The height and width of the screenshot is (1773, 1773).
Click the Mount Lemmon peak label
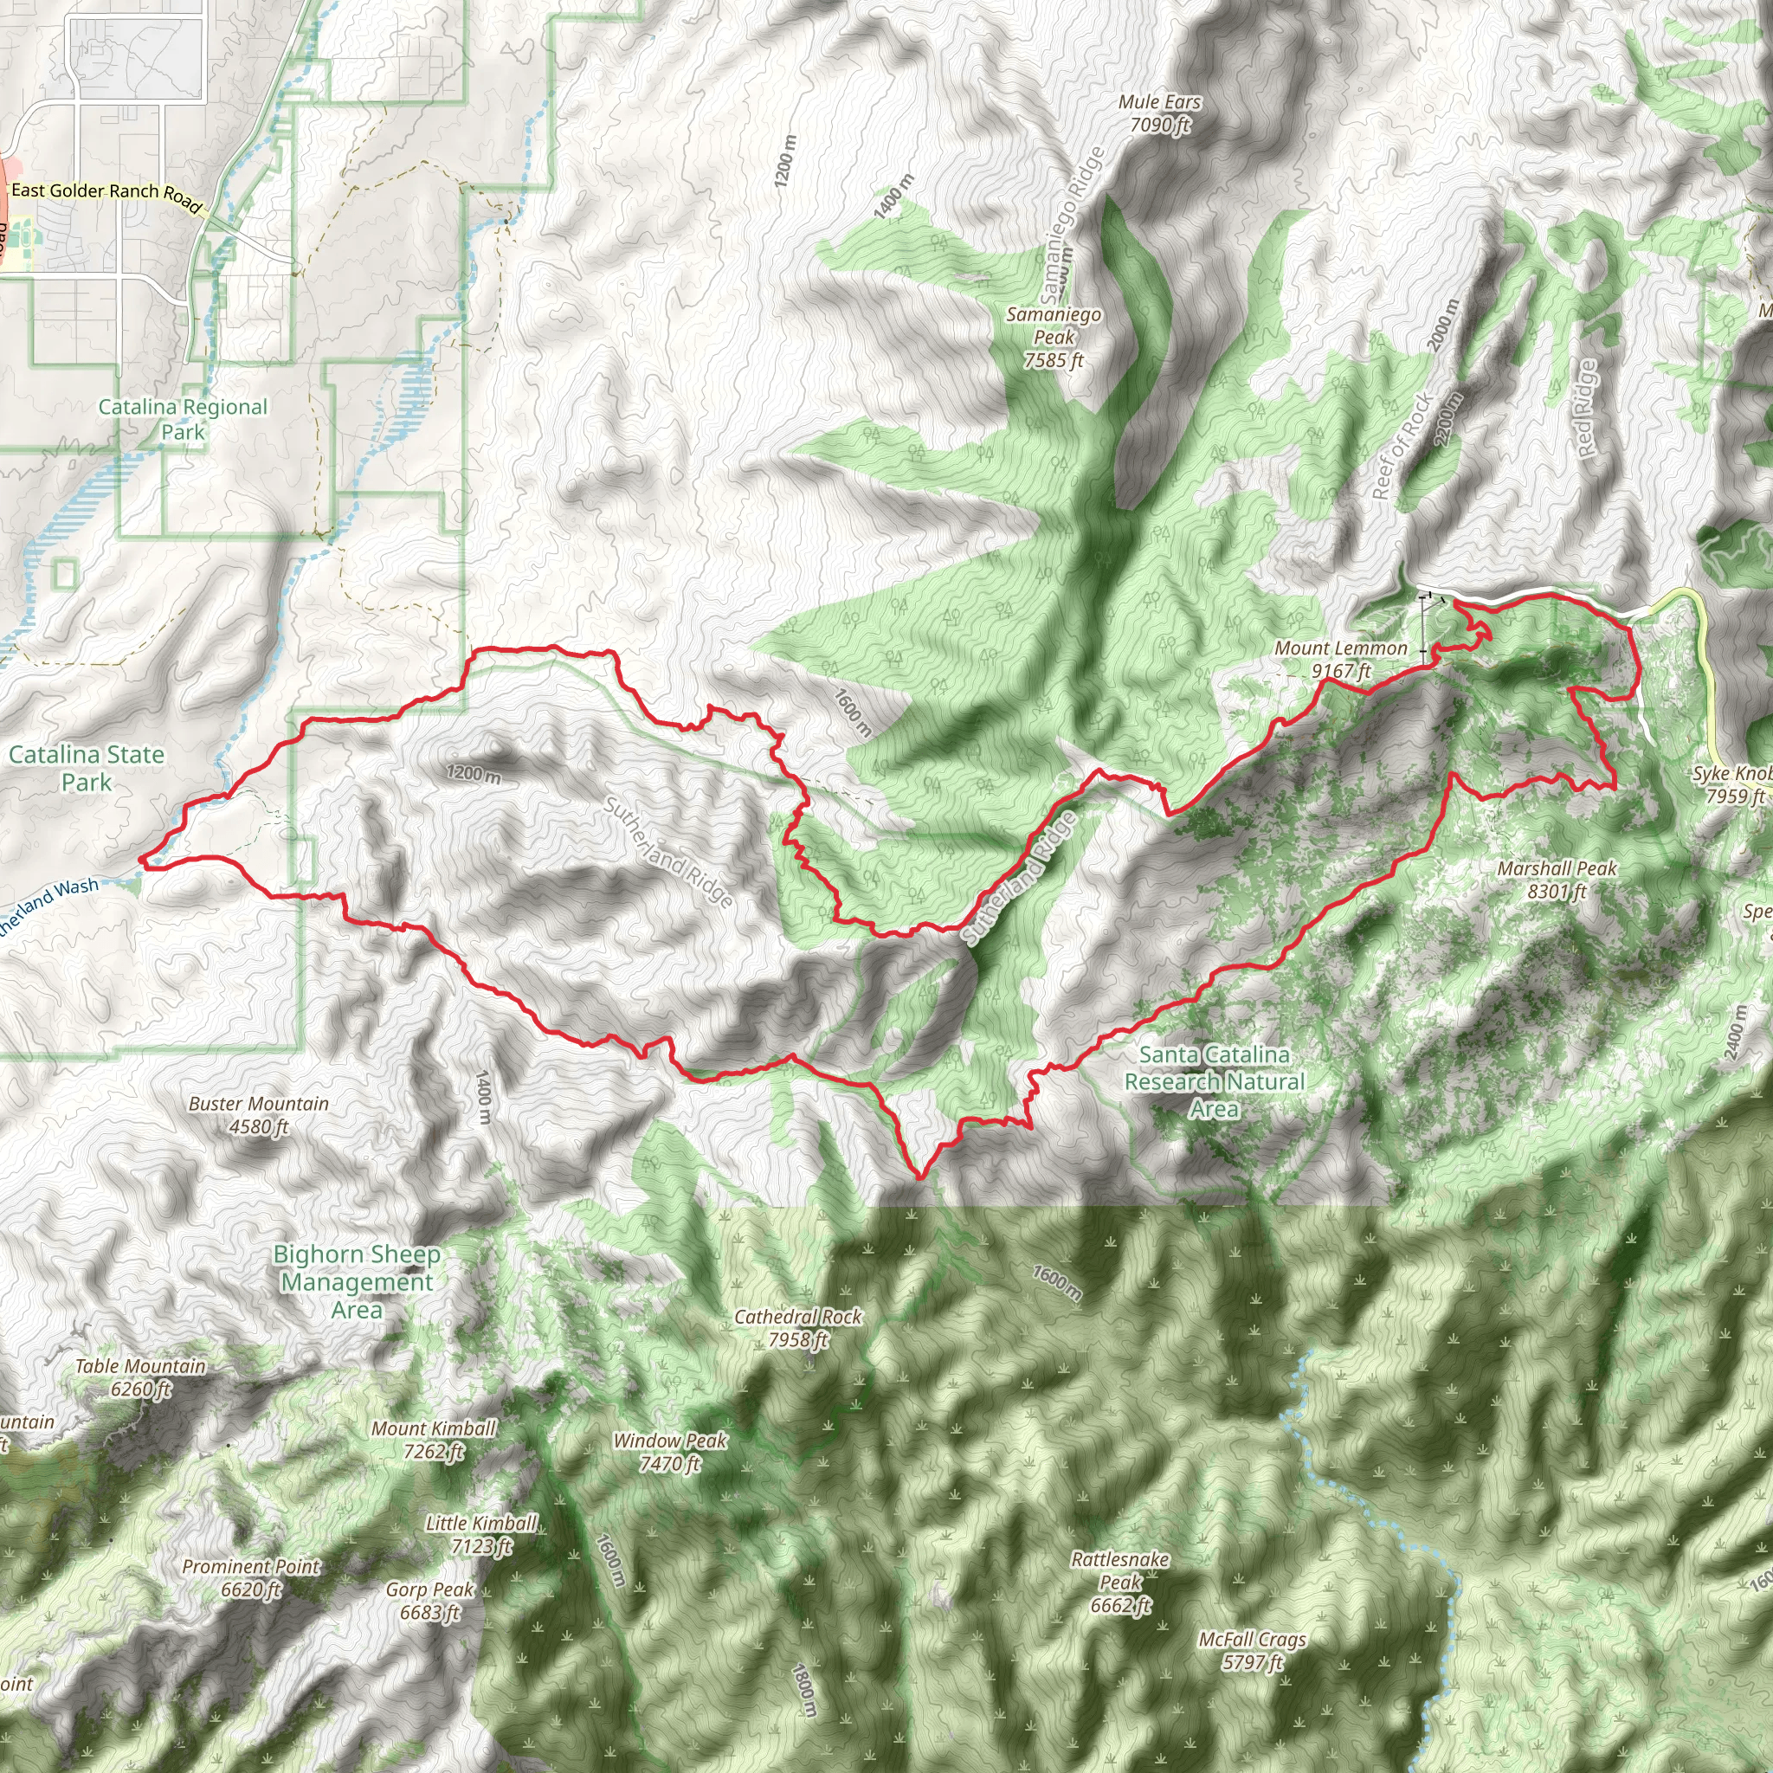pos(1340,659)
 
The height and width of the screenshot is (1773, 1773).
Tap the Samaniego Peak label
pos(1054,338)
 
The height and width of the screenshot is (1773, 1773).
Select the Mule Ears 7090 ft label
pos(1160,113)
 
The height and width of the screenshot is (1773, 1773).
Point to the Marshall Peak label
pos(1557,880)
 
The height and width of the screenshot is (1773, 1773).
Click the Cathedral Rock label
pos(797,1328)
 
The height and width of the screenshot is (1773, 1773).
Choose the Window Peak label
pos(670,1452)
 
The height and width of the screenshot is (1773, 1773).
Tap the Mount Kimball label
pos(433,1439)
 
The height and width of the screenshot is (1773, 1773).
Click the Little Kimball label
pos(480,1534)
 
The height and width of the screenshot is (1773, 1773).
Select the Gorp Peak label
pos(429,1601)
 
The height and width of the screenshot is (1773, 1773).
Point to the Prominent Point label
pos(250,1577)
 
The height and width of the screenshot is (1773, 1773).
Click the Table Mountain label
pos(140,1377)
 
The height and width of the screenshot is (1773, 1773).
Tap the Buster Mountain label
pos(259,1115)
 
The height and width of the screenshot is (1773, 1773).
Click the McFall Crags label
pos(1252,1650)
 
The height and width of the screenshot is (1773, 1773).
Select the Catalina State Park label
pos(87,768)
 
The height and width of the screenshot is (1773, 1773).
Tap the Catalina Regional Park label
pos(183,418)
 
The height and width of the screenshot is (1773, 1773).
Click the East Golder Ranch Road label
pos(106,193)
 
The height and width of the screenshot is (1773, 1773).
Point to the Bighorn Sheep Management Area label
pos(357,1281)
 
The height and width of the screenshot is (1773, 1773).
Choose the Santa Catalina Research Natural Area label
pos(1214,1082)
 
